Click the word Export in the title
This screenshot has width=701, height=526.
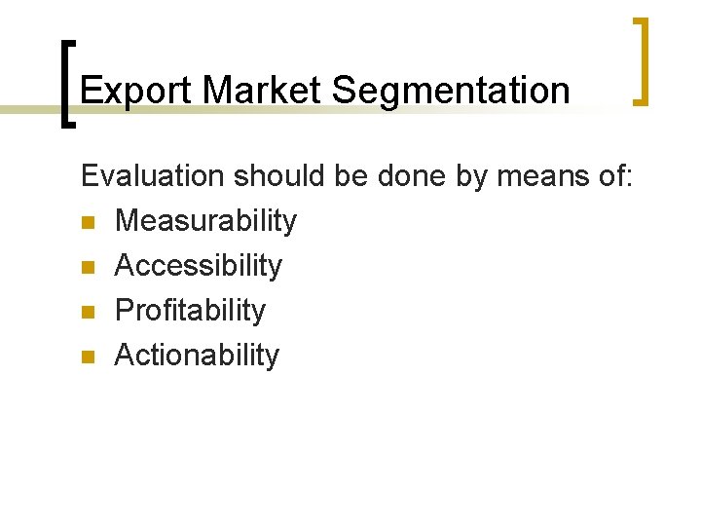(137, 91)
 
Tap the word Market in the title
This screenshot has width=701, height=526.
(263, 91)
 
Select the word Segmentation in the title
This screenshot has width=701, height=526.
(451, 91)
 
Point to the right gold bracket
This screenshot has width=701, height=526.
(643, 60)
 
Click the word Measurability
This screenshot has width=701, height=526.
(205, 221)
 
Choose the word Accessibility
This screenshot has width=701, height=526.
(199, 266)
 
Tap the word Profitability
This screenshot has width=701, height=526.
(190, 311)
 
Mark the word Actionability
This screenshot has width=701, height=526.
(197, 356)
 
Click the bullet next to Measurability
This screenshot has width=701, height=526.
(88, 223)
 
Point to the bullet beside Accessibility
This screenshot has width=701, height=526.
(88, 268)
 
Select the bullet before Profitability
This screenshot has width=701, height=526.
(88, 313)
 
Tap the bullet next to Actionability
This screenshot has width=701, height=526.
(88, 357)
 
